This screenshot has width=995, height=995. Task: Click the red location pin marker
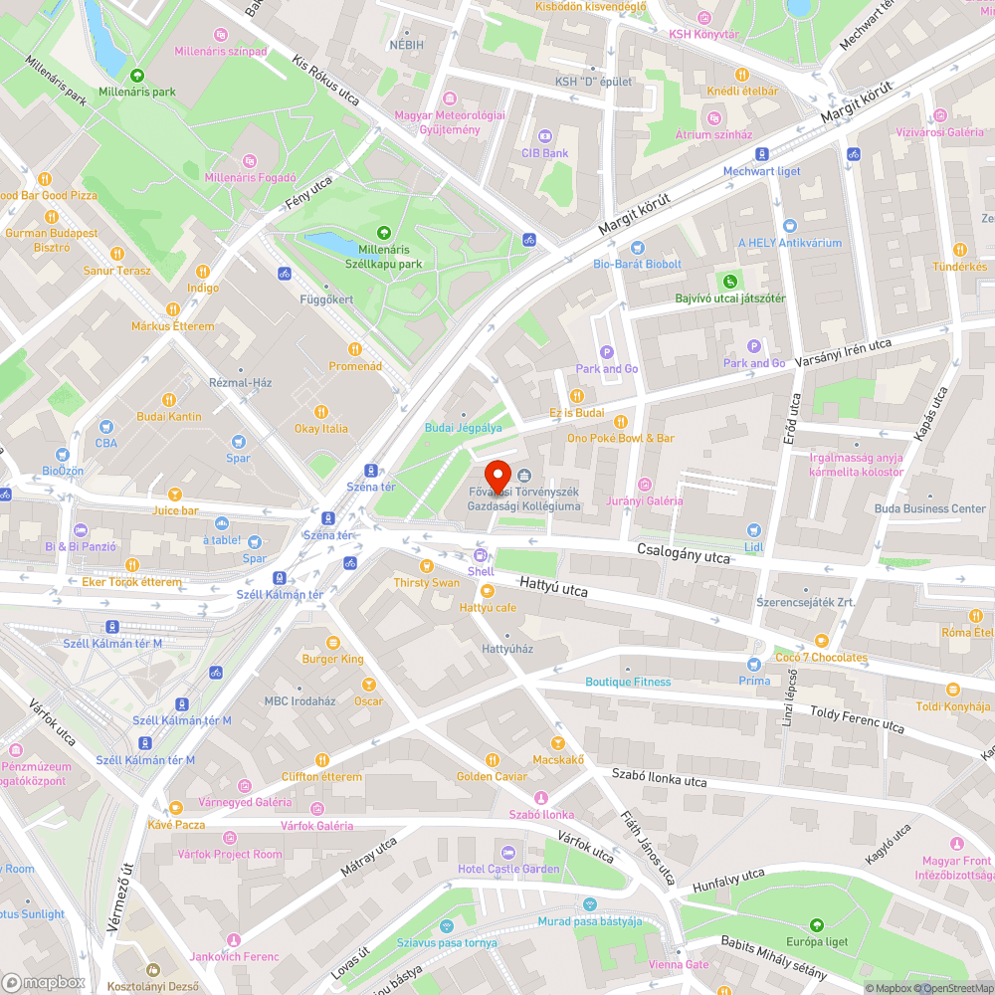pos(497,474)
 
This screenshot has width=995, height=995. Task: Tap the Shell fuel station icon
pos(481,555)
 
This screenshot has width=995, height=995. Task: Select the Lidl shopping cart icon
pos(753,530)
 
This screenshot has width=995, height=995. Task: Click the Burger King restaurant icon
pos(332,642)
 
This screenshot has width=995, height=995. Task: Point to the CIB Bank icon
pos(544,136)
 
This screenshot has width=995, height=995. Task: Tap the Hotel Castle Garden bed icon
pos(508,853)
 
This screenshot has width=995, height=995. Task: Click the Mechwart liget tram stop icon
pos(761,154)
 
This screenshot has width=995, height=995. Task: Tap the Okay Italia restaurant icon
pos(320,412)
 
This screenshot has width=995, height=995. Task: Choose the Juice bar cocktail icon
pos(175,495)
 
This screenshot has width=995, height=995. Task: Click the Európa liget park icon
pos(815,925)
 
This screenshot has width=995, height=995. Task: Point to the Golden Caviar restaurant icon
pos(491,760)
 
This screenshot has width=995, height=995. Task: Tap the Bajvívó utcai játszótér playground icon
pos(730,282)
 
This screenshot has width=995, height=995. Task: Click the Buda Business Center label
pos(929,508)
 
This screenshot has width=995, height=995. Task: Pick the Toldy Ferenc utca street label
pos(857,719)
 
